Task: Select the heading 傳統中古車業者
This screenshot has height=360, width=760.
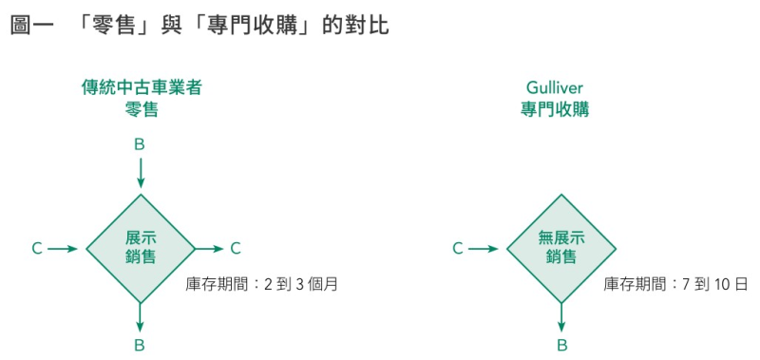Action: point(141,88)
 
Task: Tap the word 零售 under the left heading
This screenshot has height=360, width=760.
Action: point(141,109)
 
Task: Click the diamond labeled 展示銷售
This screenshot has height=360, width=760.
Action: point(141,248)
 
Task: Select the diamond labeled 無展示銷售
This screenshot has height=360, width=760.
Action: point(560,248)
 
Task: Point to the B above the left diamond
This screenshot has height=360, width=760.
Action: point(140,144)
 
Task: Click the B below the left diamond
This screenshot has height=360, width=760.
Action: point(140,345)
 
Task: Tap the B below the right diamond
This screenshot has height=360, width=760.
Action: point(560,345)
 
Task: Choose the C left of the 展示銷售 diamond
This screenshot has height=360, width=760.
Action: point(37,249)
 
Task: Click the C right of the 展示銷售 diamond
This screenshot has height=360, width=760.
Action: point(236,249)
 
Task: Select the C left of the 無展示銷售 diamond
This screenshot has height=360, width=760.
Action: point(457,249)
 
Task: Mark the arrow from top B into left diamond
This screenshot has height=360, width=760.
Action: point(140,173)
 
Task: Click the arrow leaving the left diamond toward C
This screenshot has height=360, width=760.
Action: point(208,249)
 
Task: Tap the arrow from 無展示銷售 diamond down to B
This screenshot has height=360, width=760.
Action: point(560,315)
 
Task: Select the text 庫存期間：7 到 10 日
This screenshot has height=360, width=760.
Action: point(675,283)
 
